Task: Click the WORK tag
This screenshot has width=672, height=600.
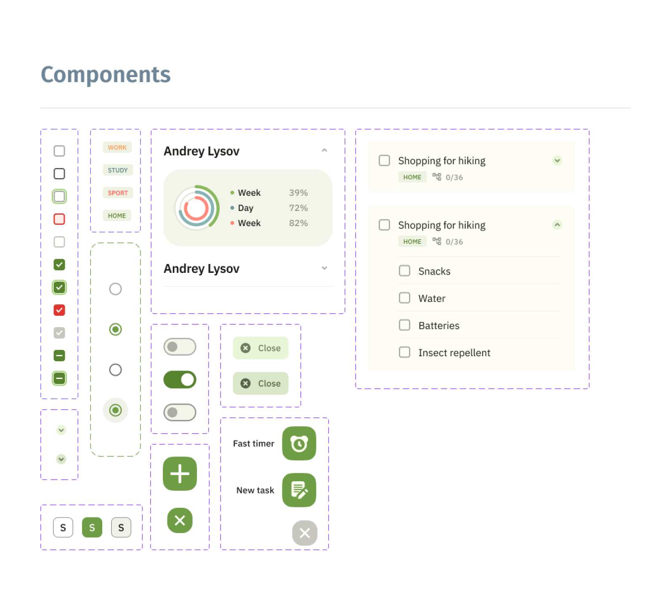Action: (x=117, y=147)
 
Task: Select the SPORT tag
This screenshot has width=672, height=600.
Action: (x=117, y=193)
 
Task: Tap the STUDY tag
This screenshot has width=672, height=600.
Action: (x=117, y=170)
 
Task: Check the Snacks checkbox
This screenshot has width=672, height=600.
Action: (x=404, y=271)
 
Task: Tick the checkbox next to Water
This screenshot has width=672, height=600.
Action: (x=404, y=298)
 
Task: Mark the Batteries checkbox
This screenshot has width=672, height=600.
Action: (x=404, y=325)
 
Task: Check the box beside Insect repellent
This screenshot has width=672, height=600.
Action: (x=404, y=352)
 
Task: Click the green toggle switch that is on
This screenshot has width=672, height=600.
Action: (x=180, y=379)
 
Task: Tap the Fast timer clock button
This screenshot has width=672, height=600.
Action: (x=299, y=443)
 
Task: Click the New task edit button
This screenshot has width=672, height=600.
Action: (x=299, y=490)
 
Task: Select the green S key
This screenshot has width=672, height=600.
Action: (x=92, y=527)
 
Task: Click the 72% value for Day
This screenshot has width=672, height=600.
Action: (x=298, y=208)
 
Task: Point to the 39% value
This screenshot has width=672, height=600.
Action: (x=298, y=193)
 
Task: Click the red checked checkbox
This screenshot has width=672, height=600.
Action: (x=59, y=310)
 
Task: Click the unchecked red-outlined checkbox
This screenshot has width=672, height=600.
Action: (x=59, y=219)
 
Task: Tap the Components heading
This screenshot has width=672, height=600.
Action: (x=106, y=75)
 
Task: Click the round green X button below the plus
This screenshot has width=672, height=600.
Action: (x=180, y=520)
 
